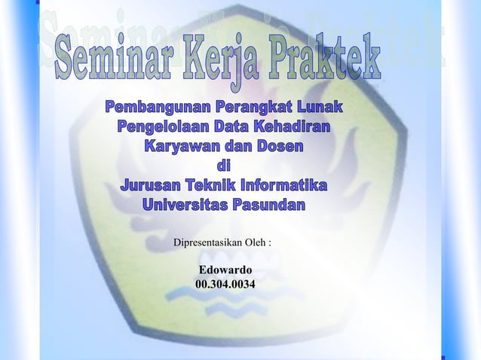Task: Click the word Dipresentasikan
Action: (x=209, y=243)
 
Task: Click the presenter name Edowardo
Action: (x=225, y=270)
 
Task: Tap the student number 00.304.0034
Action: (x=225, y=285)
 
